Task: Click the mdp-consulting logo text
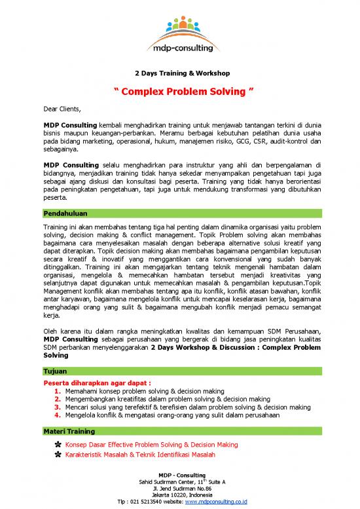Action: coord(179,48)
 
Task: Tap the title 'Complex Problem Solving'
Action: coord(179,90)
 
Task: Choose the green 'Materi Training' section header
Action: coord(69,431)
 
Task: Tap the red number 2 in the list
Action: coord(59,398)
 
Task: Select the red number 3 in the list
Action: coord(59,407)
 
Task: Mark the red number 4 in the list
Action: coord(59,415)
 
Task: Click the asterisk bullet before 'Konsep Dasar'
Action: coord(59,445)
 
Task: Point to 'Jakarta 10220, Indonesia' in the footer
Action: coord(179,495)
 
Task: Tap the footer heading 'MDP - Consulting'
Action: coord(179,474)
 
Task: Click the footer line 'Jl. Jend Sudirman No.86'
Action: coord(179,488)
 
